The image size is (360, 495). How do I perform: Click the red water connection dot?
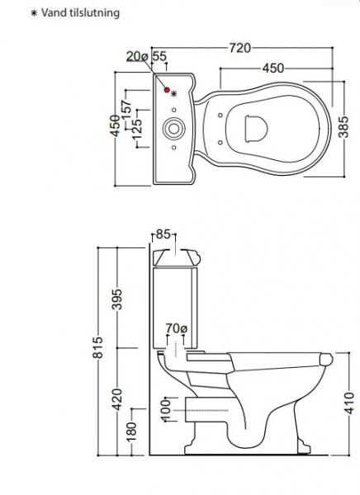[x=167, y=89]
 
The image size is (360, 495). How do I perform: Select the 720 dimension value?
[x=239, y=48]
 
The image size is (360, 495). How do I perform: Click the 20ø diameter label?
[x=137, y=55]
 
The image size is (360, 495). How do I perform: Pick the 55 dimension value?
[x=159, y=55]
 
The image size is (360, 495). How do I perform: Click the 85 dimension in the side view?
[x=163, y=235]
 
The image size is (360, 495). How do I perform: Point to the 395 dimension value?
[x=117, y=299]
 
